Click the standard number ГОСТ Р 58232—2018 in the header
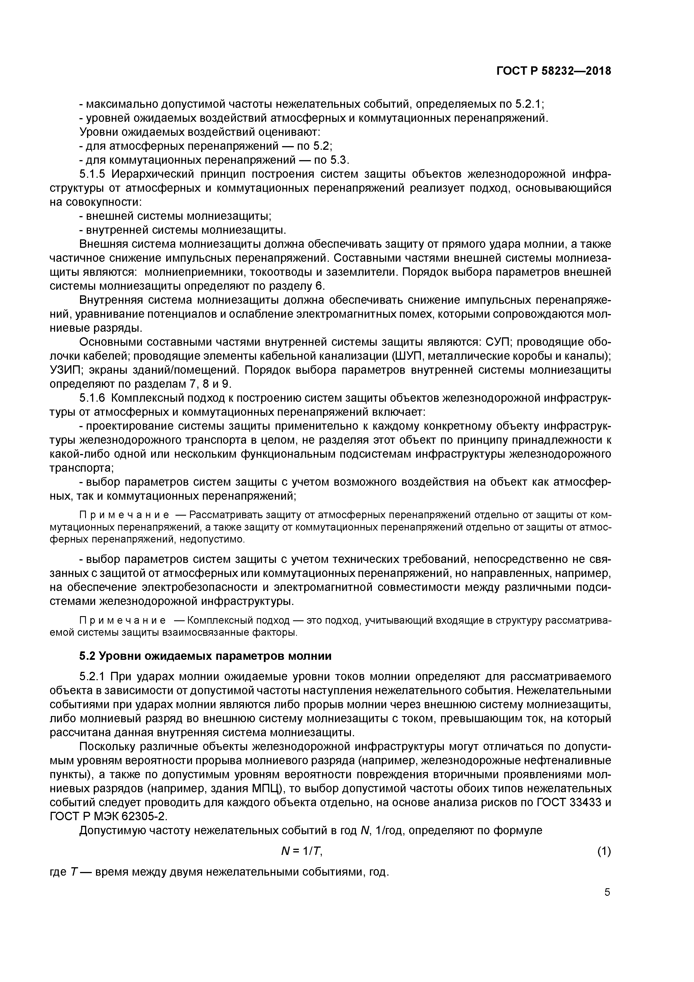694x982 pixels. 554,71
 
